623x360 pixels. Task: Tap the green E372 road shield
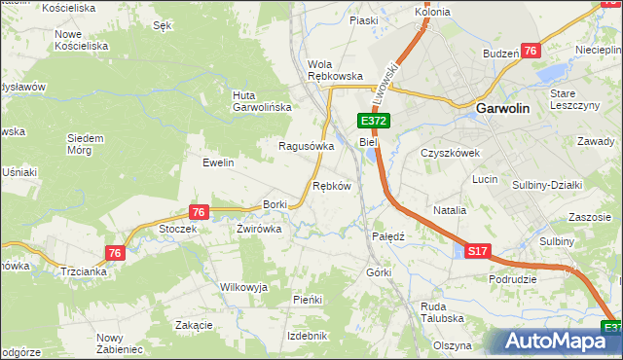coord(374,121)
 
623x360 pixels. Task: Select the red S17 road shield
coord(476,251)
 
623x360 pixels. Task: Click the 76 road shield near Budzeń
coord(530,52)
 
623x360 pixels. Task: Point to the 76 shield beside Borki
coord(198,212)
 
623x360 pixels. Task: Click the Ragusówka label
coord(307,146)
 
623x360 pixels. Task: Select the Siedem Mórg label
coord(85,144)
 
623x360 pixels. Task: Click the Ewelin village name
coord(218,162)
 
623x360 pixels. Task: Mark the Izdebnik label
coord(308,335)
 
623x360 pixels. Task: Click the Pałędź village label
coord(388,235)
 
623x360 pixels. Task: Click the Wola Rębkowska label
coord(335,69)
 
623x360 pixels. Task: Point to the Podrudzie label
coord(513,278)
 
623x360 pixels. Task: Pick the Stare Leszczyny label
coord(573,99)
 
